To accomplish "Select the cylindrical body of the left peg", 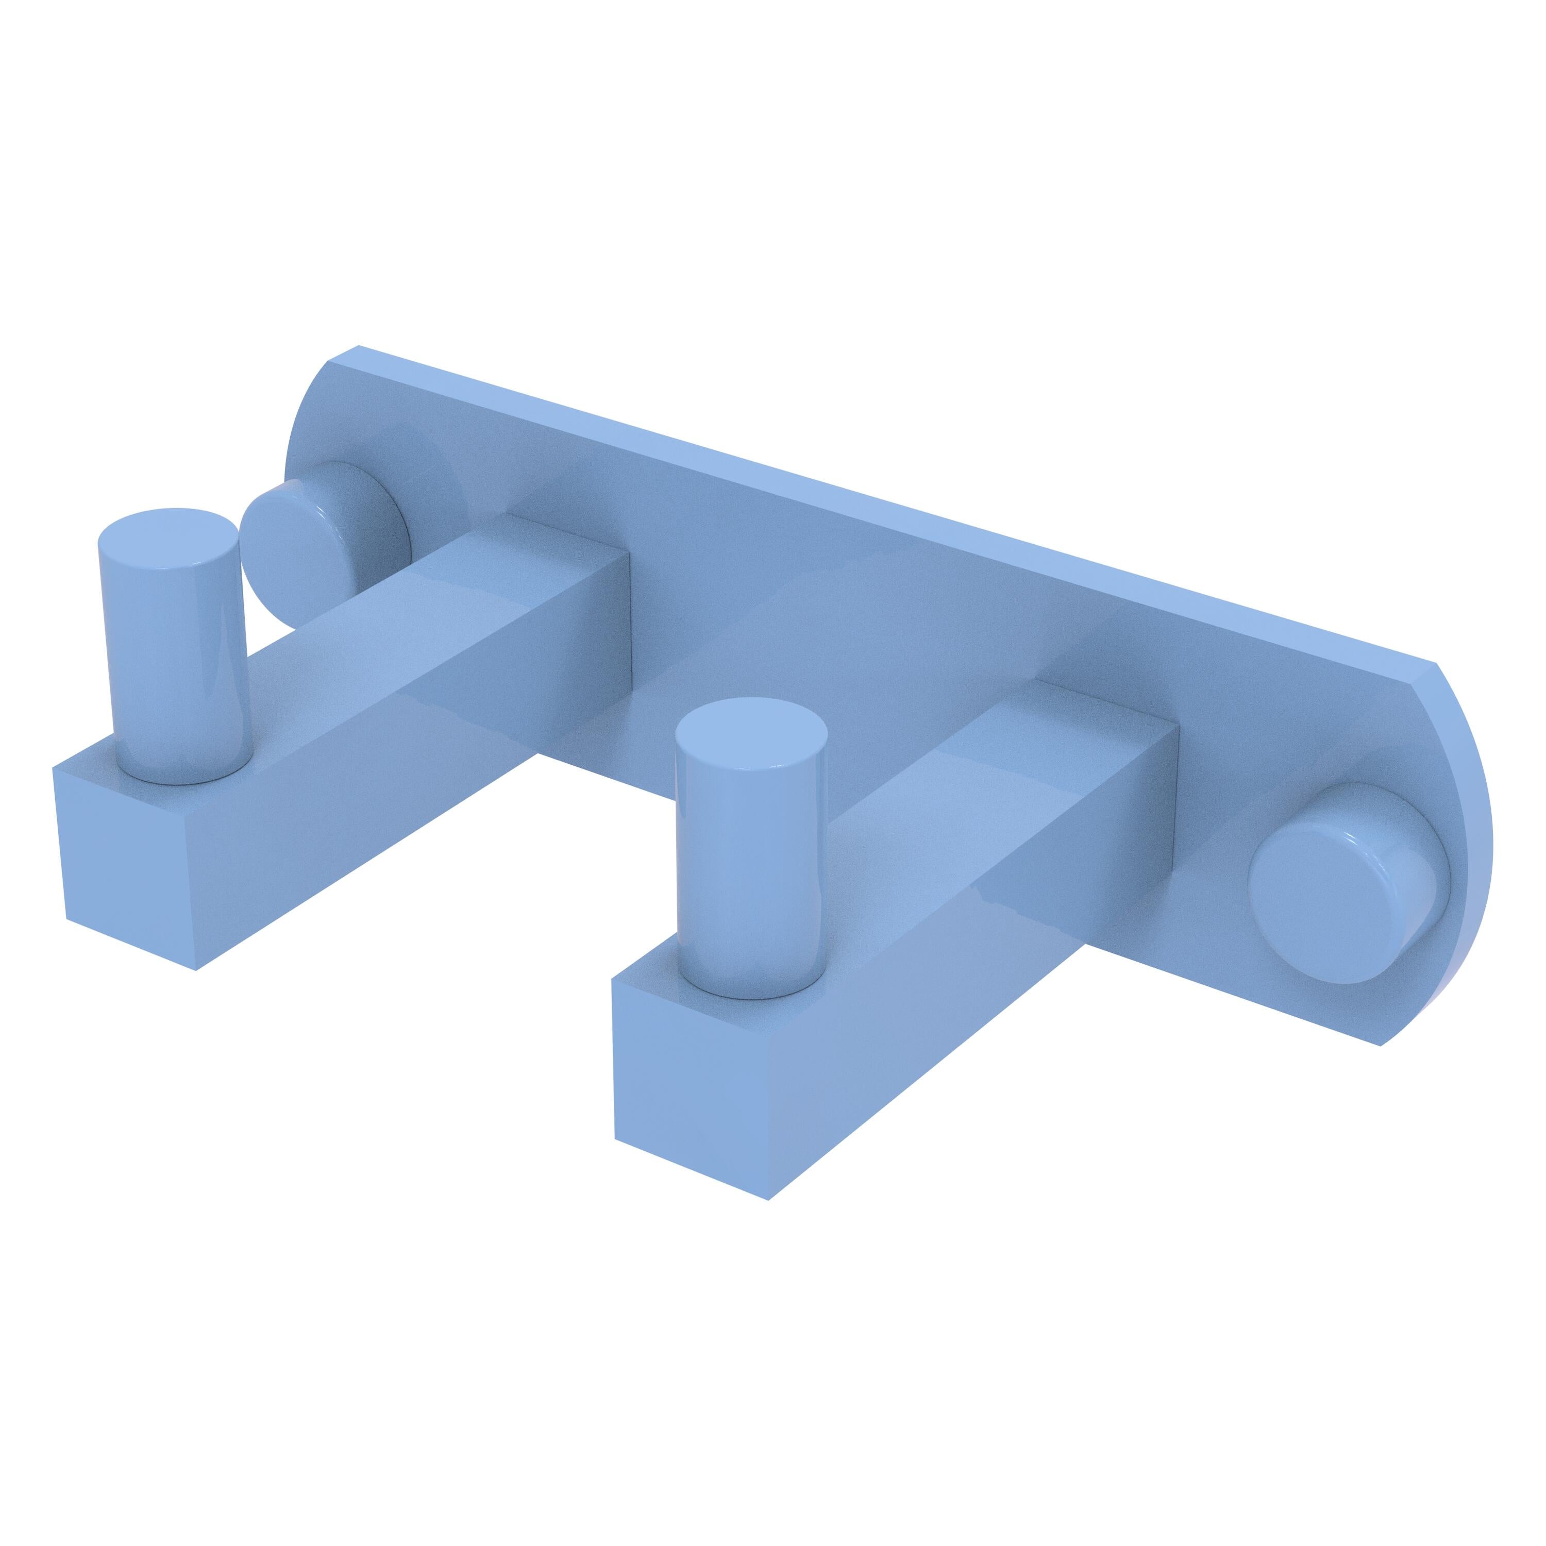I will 167,656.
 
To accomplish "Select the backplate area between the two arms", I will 800,640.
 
